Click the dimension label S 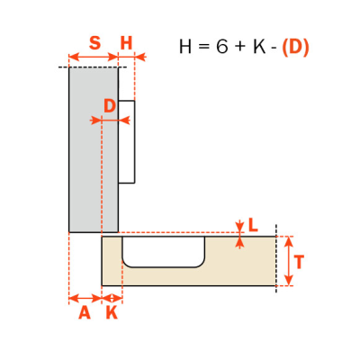[94, 43]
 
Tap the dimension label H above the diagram [126, 43]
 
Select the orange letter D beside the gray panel [110, 106]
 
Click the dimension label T [299, 262]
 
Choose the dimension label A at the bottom [85, 313]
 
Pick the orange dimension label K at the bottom [112, 313]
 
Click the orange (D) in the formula [295, 47]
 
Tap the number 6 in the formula [222, 47]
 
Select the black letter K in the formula [260, 47]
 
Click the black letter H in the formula [185, 47]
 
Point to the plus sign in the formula [241, 48]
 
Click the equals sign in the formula [203, 48]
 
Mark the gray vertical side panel [94, 150]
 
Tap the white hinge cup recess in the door [164, 251]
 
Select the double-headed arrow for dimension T [288, 261]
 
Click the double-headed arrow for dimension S [94, 57]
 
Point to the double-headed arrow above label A [85, 299]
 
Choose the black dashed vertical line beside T [276, 258]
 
